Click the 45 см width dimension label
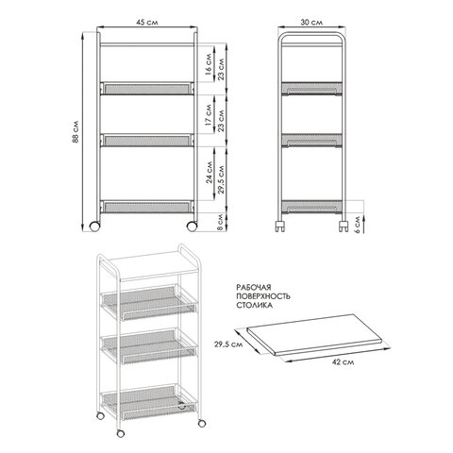pyautogui.click(x=147, y=23)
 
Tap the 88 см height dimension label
pyautogui.click(x=75, y=132)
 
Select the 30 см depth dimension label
pyautogui.click(x=311, y=23)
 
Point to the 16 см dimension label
pyautogui.click(x=209, y=64)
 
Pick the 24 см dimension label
pyautogui.click(x=210, y=173)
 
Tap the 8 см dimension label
pyautogui.click(x=220, y=222)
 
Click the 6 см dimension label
pyautogui.click(x=358, y=223)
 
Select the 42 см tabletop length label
pyautogui.click(x=344, y=362)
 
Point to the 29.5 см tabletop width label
pyautogui.click(x=228, y=344)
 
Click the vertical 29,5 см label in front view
pyautogui.click(x=221, y=179)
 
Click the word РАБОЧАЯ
pyautogui.click(x=253, y=287)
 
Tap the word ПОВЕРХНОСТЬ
pyautogui.click(x=263, y=296)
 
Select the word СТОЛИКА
pyautogui.click(x=254, y=305)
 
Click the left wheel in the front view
pyautogui.click(x=94, y=226)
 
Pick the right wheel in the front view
pyautogui.click(x=192, y=226)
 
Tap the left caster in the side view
pyautogui.click(x=280, y=226)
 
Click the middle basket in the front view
pyautogui.click(x=147, y=141)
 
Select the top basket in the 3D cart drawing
pyautogui.click(x=148, y=303)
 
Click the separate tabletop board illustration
pyautogui.click(x=314, y=335)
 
